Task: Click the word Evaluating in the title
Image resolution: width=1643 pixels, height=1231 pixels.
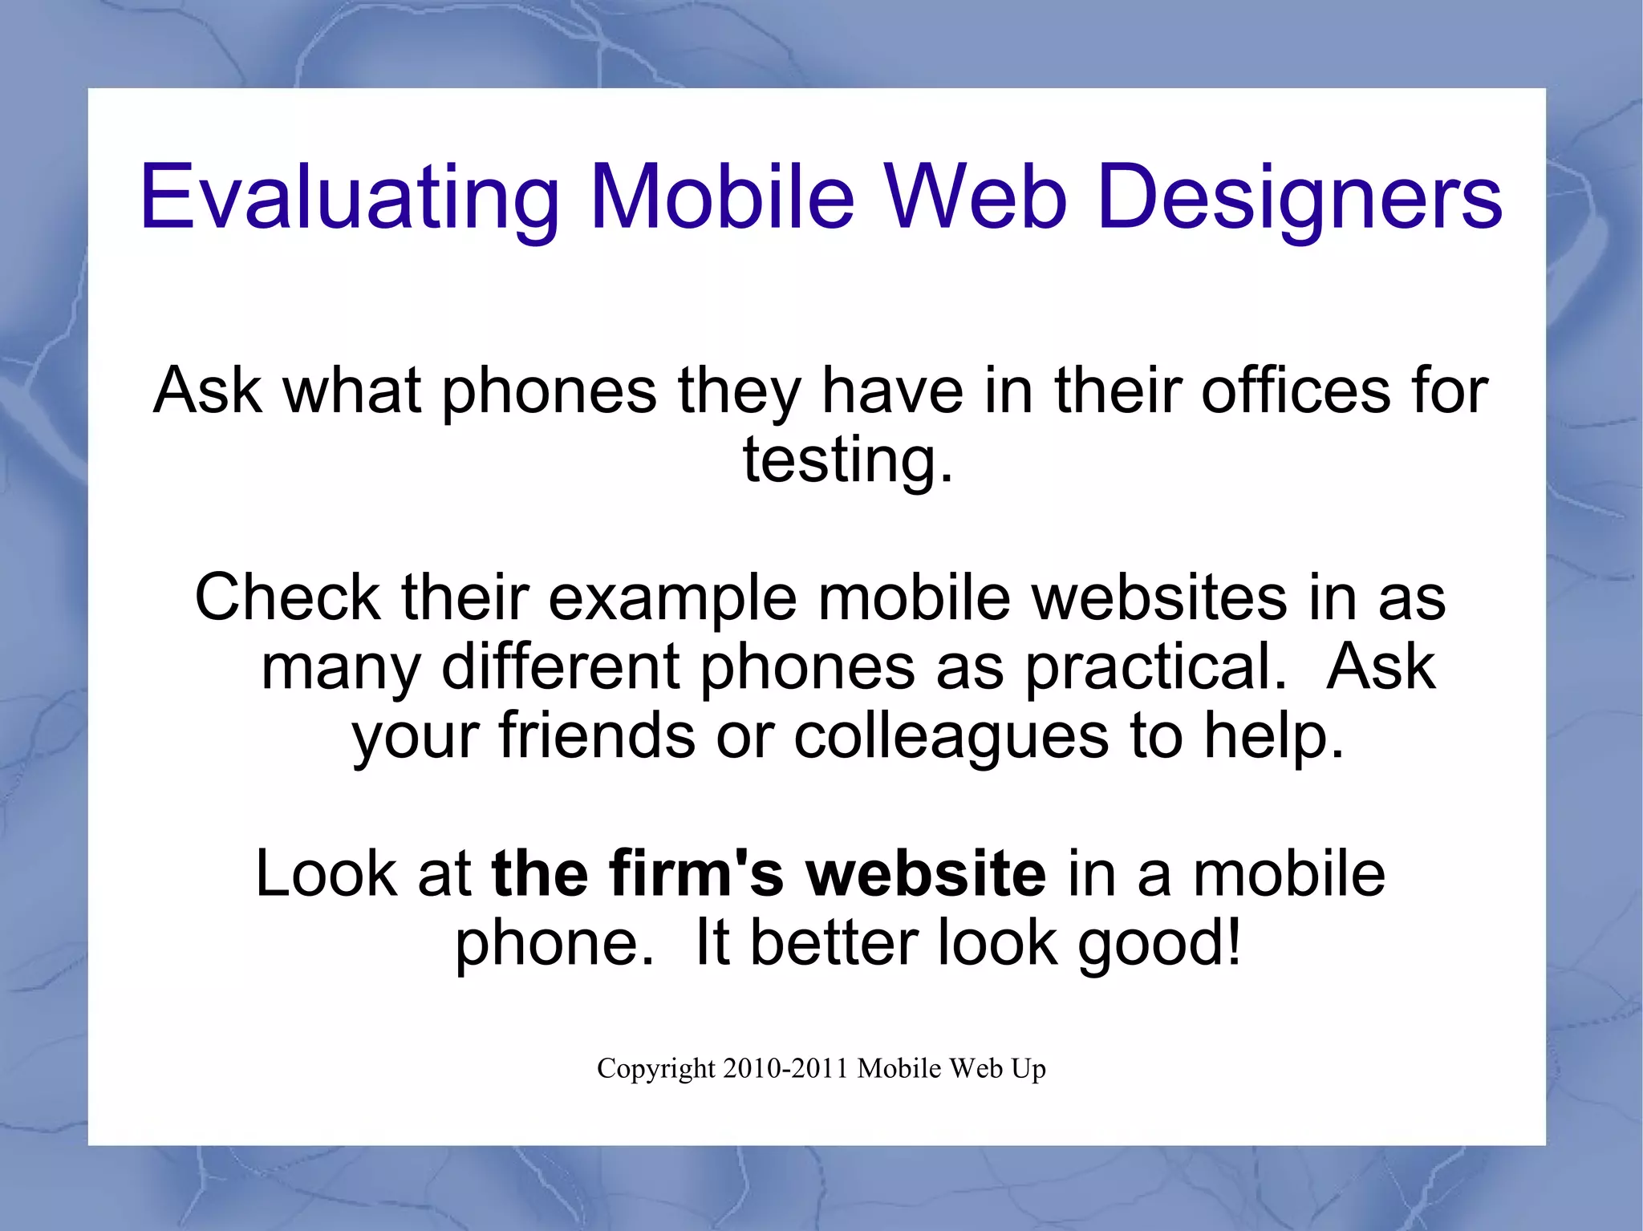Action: pyautogui.click(x=350, y=197)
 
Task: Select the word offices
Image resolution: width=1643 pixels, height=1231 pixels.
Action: pyautogui.click(x=1295, y=391)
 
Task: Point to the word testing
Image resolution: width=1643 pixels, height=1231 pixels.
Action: pyautogui.click(x=847, y=460)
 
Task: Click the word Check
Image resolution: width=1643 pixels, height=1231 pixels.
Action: pyautogui.click(x=287, y=597)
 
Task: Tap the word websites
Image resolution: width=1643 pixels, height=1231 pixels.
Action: pyautogui.click(x=1159, y=597)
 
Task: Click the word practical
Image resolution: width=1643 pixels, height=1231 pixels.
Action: pyautogui.click(x=1155, y=668)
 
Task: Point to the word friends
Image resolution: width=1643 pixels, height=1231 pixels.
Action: pyautogui.click(x=597, y=735)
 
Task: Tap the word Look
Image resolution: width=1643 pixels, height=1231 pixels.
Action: pyautogui.click(x=326, y=873)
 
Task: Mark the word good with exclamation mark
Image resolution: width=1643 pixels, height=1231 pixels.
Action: pyautogui.click(x=1159, y=944)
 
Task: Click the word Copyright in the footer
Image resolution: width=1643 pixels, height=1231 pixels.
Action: pyautogui.click(x=655, y=1069)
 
